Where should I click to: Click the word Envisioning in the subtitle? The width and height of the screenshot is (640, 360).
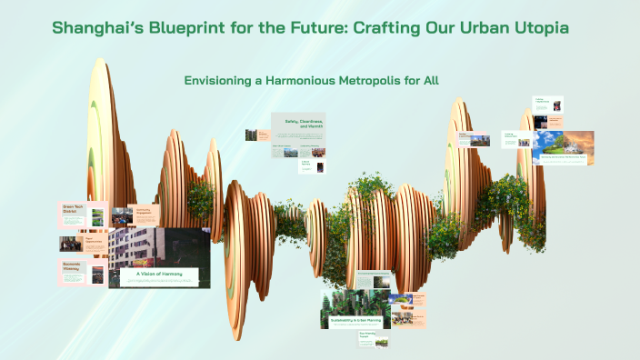pos(218,81)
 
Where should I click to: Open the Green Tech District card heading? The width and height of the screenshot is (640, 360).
pos(74,209)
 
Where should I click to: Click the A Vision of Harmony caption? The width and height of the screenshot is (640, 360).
pos(159,274)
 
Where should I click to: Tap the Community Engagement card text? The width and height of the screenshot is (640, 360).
pos(146,214)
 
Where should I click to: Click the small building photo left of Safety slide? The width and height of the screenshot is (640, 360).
pos(251,135)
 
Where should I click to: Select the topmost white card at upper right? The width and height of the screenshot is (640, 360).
pos(547,105)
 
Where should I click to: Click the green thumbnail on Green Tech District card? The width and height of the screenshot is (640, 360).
pos(97,219)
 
